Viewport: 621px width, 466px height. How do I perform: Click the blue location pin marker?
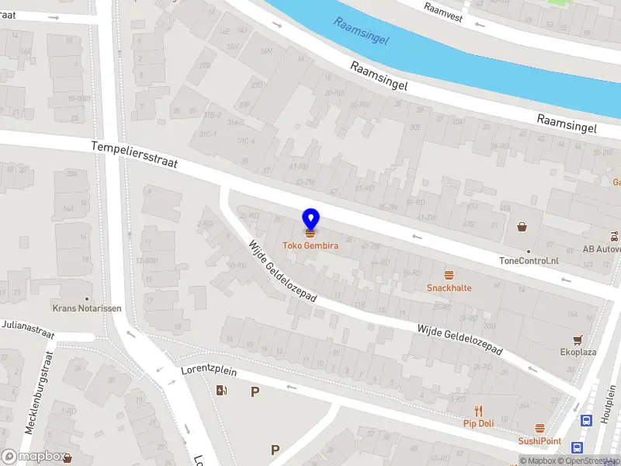tap(310, 220)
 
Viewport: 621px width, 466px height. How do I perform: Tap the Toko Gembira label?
tap(310, 246)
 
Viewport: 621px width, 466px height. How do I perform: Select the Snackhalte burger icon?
tap(449, 275)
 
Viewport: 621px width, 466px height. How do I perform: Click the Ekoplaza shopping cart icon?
tap(578, 340)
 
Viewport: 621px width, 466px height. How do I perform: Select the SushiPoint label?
tap(539, 441)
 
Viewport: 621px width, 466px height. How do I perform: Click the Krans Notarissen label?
tap(87, 308)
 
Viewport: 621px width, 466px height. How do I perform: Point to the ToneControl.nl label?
tap(529, 261)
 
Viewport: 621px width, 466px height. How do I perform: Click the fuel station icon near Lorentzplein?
tap(223, 390)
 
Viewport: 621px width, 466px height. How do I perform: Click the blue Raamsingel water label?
tap(361, 30)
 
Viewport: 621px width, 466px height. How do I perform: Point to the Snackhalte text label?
tap(449, 288)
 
